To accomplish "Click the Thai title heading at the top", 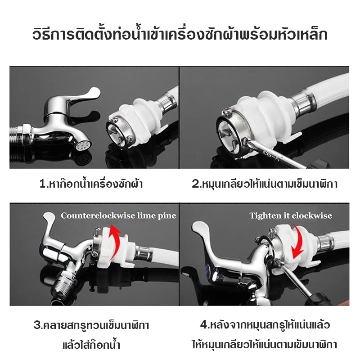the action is tap(180, 35).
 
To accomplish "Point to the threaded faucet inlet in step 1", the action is tap(20, 137).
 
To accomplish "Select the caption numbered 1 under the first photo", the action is tap(91, 184).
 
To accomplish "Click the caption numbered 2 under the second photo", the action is tap(265, 184).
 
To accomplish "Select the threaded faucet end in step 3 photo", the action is tap(63, 283).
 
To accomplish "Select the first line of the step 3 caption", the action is tap(91, 325).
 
